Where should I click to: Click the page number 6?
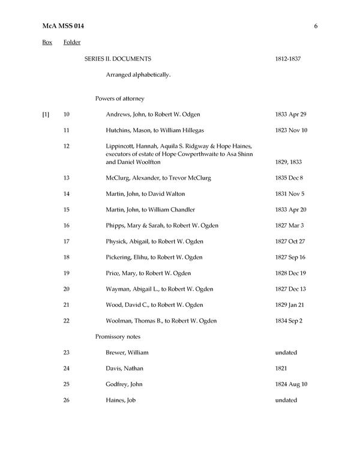[315, 26]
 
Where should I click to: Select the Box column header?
[47, 43]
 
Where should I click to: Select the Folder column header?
[72, 43]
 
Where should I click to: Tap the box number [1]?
[46, 114]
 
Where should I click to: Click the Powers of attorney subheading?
[119, 98]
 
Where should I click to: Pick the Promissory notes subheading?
[118, 336]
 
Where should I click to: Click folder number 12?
[66, 146]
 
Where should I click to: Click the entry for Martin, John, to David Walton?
[145, 193]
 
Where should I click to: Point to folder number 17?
[66, 241]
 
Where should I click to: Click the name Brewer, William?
[127, 353]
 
